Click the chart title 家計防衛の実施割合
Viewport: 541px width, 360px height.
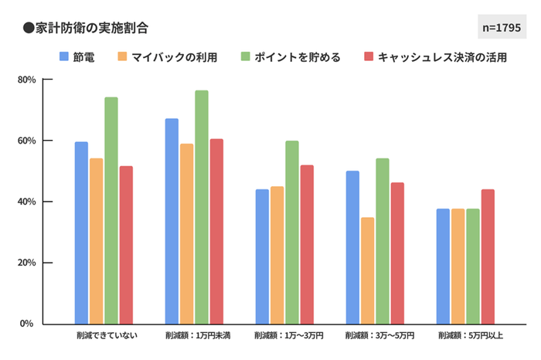click(86, 27)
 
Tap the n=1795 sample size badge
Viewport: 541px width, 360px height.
click(502, 27)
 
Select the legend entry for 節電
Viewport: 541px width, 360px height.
click(77, 57)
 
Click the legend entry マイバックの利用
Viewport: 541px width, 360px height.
click(167, 57)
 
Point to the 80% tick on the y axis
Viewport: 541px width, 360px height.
click(26, 80)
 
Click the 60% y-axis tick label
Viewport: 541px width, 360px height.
click(26, 141)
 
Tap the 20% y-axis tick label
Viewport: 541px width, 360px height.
click(26, 263)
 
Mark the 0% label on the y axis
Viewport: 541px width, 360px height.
click(28, 324)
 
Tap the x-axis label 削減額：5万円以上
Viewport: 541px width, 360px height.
click(470, 337)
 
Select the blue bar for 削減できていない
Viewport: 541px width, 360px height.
click(81, 233)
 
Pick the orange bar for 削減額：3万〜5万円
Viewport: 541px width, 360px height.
click(367, 270)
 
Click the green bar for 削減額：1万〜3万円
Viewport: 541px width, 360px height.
click(292, 232)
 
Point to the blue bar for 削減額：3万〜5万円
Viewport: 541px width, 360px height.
click(352, 247)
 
